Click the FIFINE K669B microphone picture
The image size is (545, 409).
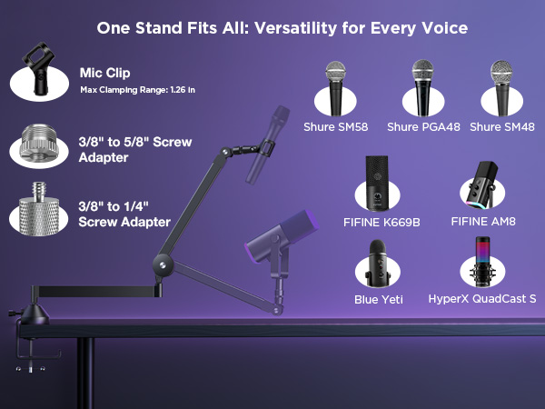point(375,180)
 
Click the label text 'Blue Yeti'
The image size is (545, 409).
point(379,299)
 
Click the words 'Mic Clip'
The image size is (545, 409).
point(104,73)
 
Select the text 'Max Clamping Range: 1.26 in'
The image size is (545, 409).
point(137,89)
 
